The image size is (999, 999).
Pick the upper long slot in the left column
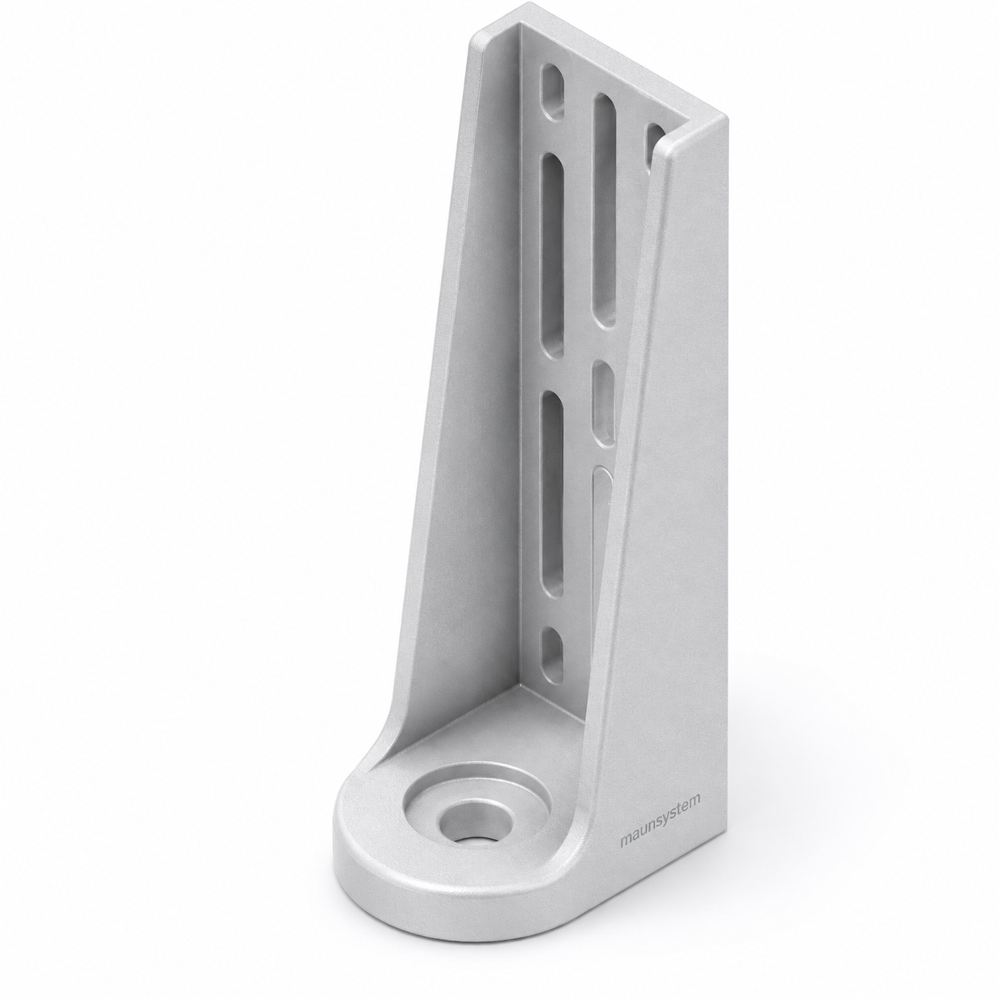tap(553, 256)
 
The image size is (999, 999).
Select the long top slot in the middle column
tap(605, 210)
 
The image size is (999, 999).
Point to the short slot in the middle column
tap(604, 403)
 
